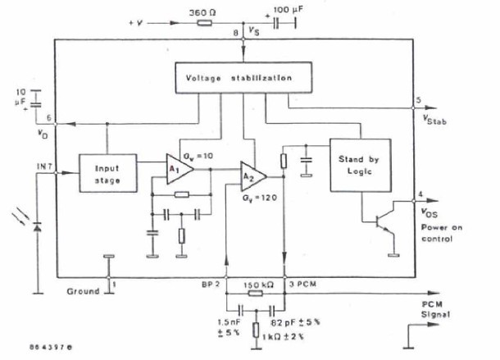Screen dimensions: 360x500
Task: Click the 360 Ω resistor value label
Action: point(202,13)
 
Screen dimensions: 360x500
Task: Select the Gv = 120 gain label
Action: point(260,198)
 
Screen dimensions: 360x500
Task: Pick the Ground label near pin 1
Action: point(84,290)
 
